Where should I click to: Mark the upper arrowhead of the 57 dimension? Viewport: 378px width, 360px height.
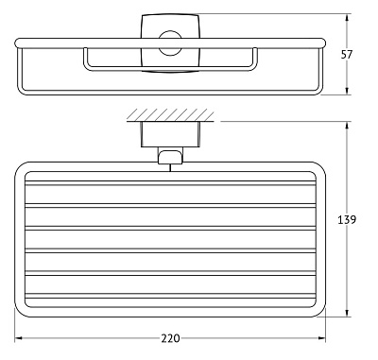pyautogui.click(x=350, y=17)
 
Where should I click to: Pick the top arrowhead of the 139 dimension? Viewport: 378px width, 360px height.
pyautogui.click(x=350, y=125)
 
